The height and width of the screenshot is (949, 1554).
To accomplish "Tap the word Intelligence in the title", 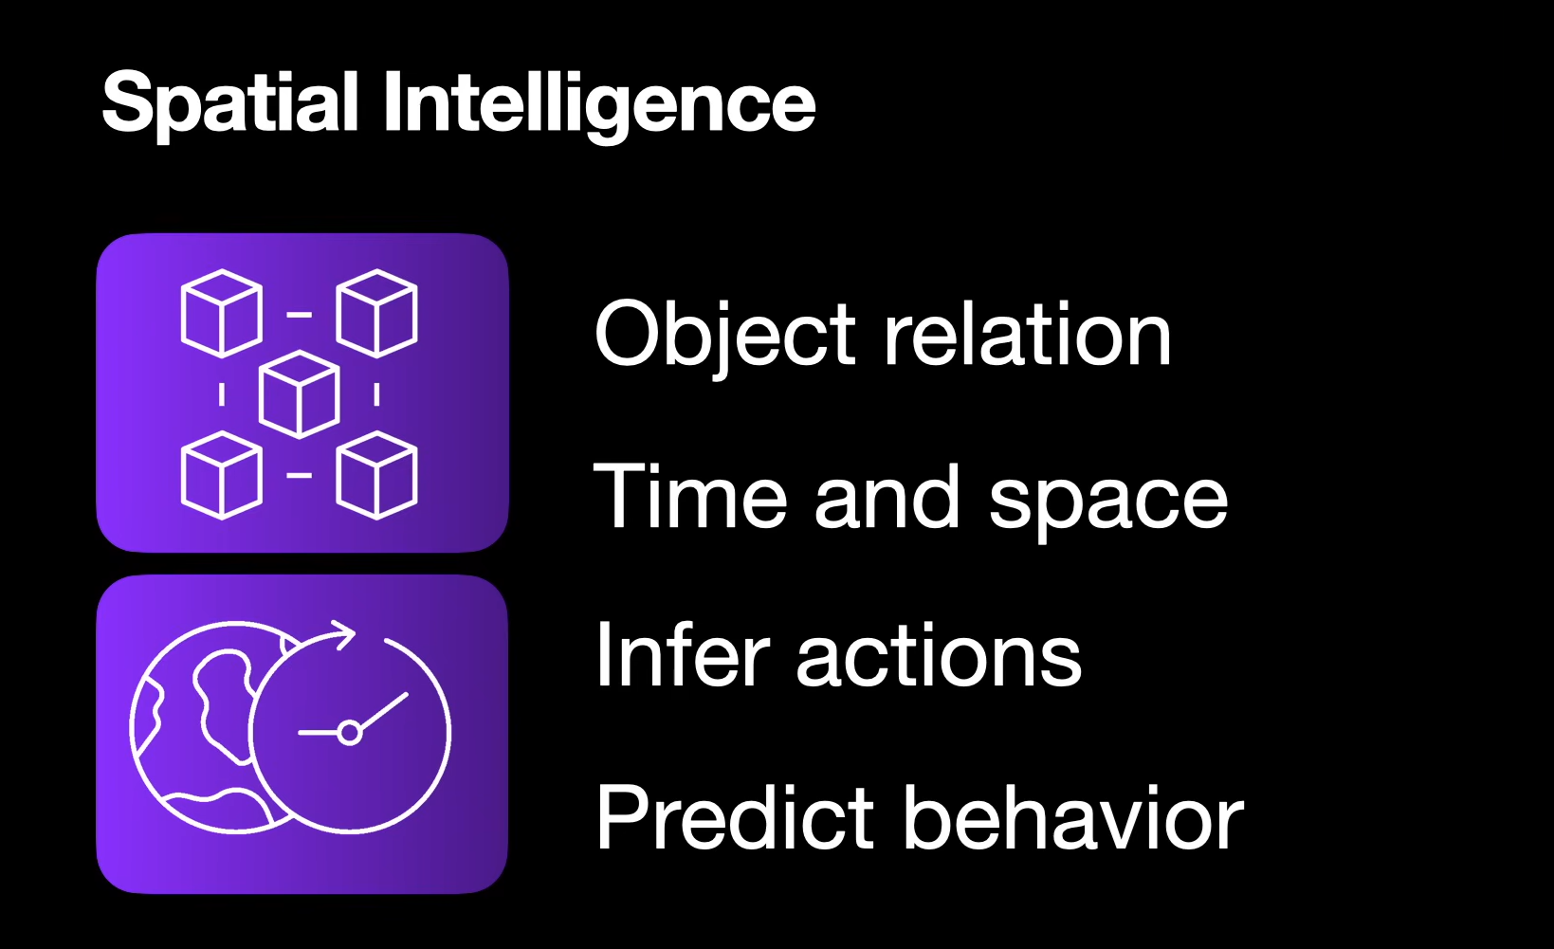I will [598, 104].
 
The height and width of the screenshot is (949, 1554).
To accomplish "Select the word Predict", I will [736, 817].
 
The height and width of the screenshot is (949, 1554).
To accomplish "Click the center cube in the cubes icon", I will [300, 394].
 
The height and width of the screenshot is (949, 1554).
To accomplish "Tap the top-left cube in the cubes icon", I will [221, 313].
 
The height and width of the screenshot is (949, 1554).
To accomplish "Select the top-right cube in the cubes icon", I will [377, 313].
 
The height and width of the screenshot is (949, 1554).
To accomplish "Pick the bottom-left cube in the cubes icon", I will [221, 475].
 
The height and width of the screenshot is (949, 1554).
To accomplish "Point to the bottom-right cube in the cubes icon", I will [377, 475].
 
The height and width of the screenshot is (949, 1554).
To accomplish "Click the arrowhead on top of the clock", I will [343, 633].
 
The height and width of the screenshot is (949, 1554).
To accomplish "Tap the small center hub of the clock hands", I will [349, 732].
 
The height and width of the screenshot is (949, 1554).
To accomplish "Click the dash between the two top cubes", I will [300, 314].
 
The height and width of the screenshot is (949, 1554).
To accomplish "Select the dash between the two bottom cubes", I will [300, 475].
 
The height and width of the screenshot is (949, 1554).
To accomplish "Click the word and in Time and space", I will [887, 499].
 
